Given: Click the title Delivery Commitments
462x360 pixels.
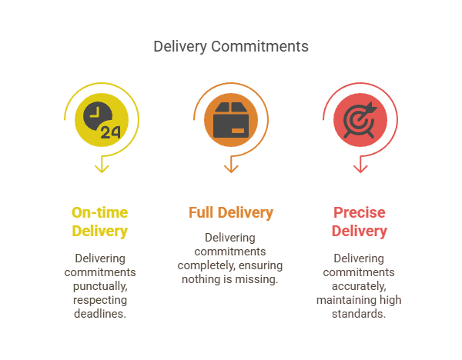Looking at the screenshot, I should (230, 46).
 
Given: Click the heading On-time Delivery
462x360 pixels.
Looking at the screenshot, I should (100, 222).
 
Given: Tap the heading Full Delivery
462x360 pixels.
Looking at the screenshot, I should (230, 212).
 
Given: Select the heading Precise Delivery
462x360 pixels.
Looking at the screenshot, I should (360, 222).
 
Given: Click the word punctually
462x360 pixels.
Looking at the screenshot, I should (100, 285).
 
